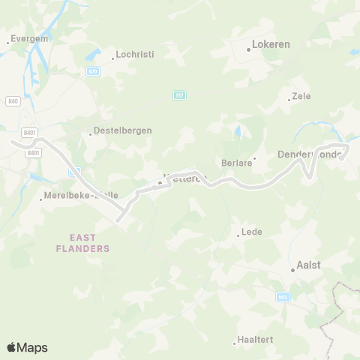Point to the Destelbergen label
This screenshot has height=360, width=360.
click(123, 130)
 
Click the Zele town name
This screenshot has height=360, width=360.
click(301, 96)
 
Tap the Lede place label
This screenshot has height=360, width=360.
click(252, 232)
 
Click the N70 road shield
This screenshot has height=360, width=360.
click(92, 71)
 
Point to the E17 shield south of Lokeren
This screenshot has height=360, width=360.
click(178, 94)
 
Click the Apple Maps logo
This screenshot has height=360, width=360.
click(27, 347)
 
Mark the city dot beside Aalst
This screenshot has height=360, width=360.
click(293, 270)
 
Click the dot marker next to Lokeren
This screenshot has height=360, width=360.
click(249, 50)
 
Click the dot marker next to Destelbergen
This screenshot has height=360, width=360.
click(91, 134)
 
